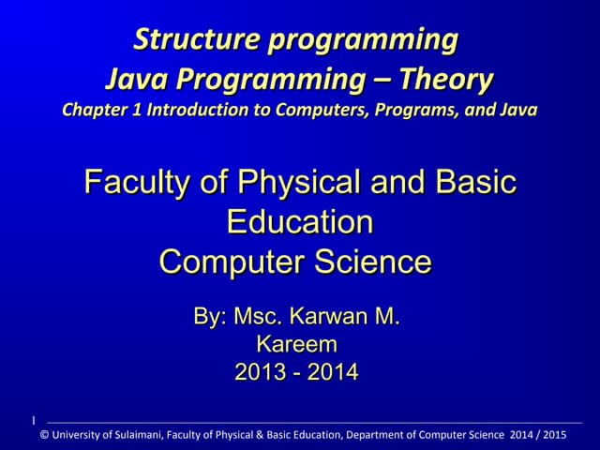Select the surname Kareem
[296, 344]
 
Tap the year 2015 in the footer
[555, 435]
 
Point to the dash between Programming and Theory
[393, 80]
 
